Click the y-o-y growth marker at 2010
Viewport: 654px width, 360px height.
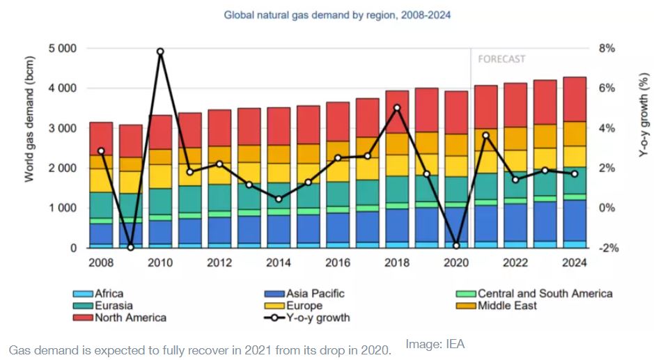coord(160,52)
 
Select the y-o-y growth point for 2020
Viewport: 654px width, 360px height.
coord(456,246)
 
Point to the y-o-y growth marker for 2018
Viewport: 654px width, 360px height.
coord(397,108)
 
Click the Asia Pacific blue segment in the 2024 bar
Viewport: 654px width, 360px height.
coord(575,220)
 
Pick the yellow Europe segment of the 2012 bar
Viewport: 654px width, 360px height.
coord(219,174)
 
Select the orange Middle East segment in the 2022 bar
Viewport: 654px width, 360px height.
coord(515,139)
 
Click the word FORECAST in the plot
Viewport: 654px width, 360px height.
coord(501,59)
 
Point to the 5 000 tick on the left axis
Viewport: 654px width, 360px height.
coord(63,49)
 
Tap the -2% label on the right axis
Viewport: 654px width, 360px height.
coord(607,248)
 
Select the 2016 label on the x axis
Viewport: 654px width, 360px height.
coord(338,263)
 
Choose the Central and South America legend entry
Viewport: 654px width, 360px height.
coord(536,293)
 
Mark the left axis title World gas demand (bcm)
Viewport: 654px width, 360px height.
coord(30,130)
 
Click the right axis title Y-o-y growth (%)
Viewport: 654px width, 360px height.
coord(644,130)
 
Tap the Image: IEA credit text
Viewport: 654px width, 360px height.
coord(435,343)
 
